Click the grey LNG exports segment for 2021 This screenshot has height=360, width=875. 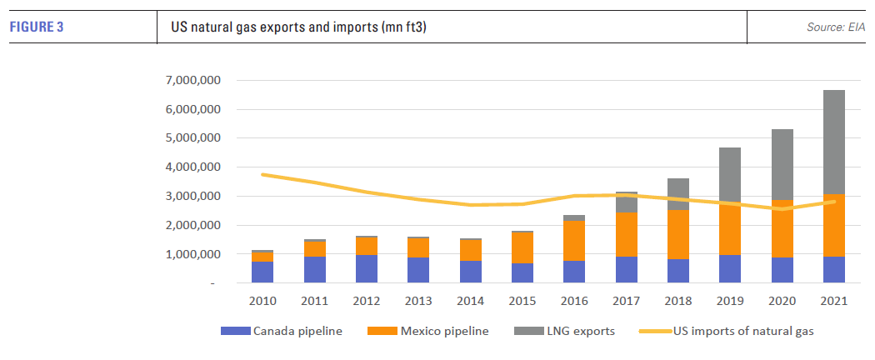pyautogui.click(x=833, y=142)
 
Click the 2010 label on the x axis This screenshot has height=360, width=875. pyautogui.click(x=262, y=301)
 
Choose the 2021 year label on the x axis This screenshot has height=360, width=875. pyautogui.click(x=833, y=301)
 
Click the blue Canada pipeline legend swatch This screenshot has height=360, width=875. pyautogui.click(x=237, y=331)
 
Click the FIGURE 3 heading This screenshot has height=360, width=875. pyautogui.click(x=37, y=27)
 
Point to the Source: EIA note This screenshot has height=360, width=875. pyautogui.click(x=836, y=27)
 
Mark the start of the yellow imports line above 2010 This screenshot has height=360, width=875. pyautogui.click(x=262, y=174)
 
